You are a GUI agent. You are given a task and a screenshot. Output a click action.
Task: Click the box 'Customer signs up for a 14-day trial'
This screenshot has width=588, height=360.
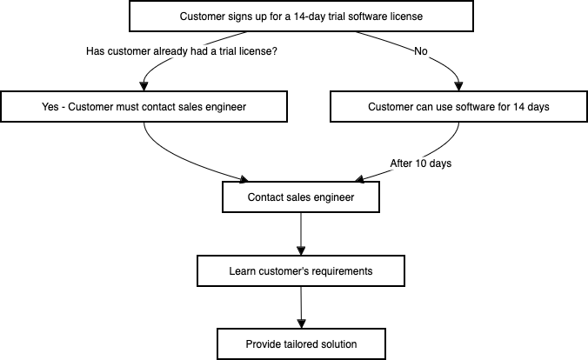(x=301, y=17)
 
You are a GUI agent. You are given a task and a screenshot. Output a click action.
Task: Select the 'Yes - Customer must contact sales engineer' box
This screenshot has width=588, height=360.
(x=144, y=107)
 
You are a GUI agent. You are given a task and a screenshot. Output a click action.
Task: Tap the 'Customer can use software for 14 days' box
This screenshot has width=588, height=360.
(x=458, y=107)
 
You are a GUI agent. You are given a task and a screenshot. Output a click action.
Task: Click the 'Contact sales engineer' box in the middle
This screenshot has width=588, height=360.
(x=301, y=197)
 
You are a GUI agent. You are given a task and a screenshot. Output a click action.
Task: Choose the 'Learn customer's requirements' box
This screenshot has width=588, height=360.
(x=301, y=271)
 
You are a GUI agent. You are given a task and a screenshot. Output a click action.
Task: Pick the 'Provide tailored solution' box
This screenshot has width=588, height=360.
(x=301, y=343)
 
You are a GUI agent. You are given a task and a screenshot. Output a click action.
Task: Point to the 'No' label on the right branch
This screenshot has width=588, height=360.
(x=421, y=51)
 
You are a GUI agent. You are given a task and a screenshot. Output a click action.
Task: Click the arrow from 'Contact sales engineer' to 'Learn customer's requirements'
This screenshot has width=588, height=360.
(x=301, y=233)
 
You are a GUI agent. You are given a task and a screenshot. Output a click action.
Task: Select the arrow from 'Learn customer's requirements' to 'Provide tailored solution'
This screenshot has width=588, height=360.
(x=301, y=306)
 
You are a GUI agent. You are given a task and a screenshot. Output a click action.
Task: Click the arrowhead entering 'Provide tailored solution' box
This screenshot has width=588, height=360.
(x=301, y=323)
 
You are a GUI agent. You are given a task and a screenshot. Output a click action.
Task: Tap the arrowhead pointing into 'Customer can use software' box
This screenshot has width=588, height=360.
(x=458, y=88)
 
